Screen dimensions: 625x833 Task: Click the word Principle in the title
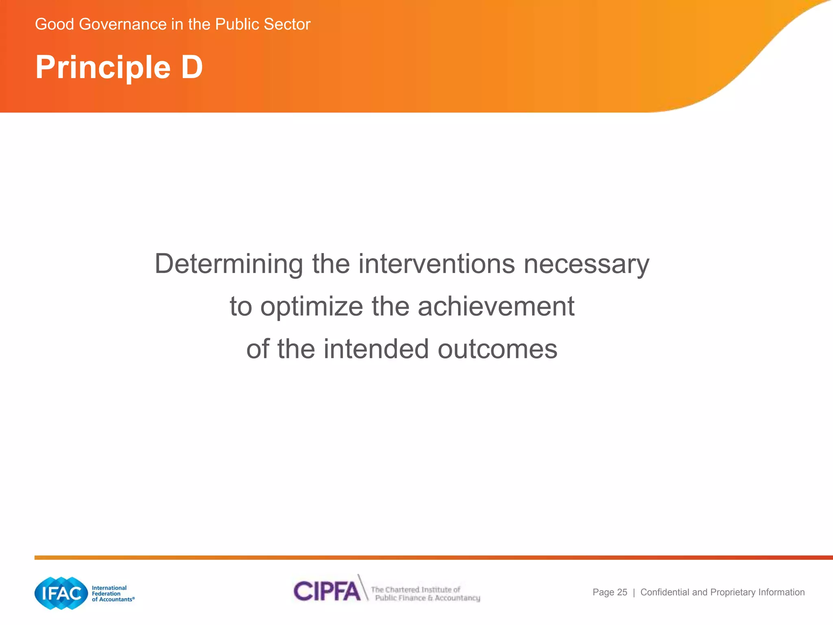(x=103, y=68)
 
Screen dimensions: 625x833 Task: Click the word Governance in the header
(x=123, y=24)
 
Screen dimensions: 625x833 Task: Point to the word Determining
(x=229, y=264)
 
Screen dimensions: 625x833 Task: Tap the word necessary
(x=586, y=264)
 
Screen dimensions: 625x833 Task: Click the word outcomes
(x=497, y=349)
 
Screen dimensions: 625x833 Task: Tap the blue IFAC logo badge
(x=61, y=593)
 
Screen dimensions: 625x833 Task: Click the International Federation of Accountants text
(x=111, y=594)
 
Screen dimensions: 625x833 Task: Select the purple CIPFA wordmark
(x=327, y=591)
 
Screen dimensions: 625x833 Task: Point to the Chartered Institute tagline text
(x=425, y=594)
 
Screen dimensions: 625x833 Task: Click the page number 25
(x=622, y=592)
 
